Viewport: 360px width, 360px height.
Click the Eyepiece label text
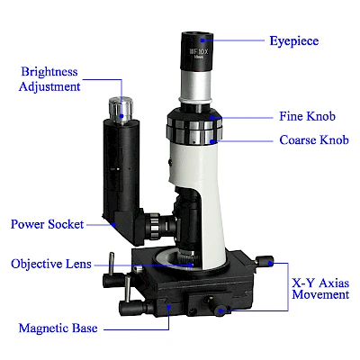pos(294,41)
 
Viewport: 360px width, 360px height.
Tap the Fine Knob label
pos(307,116)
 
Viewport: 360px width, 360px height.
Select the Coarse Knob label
pos(314,139)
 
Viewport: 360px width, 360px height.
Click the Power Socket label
pos(47,224)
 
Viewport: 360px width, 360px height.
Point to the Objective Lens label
pos(51,264)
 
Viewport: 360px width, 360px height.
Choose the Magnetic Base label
pos(58,328)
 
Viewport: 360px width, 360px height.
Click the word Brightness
pos(49,72)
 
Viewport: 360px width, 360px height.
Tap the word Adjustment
pos(49,86)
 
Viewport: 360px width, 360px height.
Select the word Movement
pos(320,294)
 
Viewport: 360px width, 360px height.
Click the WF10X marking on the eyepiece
pos(198,51)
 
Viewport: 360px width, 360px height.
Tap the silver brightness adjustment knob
pos(121,110)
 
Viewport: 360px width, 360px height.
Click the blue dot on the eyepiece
pos(202,40)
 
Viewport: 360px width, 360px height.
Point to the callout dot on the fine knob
pos(211,118)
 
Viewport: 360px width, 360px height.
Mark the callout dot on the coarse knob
pos(211,141)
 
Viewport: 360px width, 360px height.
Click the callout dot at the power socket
pos(113,224)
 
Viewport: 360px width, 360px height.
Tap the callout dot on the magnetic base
pos(169,307)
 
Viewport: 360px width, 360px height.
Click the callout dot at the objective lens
pos(191,265)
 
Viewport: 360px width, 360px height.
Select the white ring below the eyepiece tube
pos(196,99)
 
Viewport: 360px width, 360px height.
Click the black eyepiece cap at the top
pos(197,50)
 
